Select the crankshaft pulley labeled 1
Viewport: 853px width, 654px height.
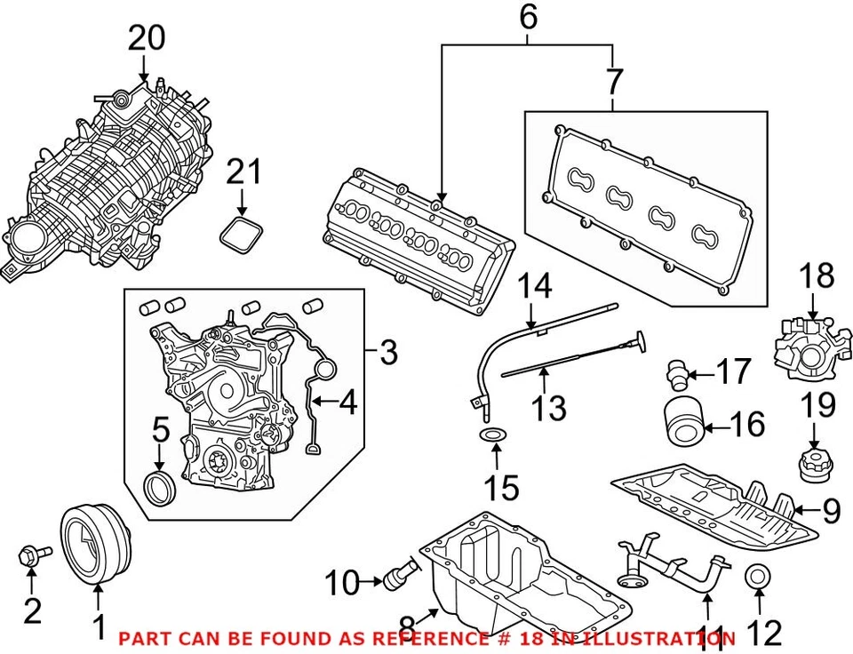point(95,545)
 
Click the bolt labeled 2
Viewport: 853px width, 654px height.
point(32,556)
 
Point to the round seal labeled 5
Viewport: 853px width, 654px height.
point(160,488)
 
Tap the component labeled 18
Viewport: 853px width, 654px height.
point(808,342)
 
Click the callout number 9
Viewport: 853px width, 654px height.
point(830,510)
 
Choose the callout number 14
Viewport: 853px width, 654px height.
point(535,286)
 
